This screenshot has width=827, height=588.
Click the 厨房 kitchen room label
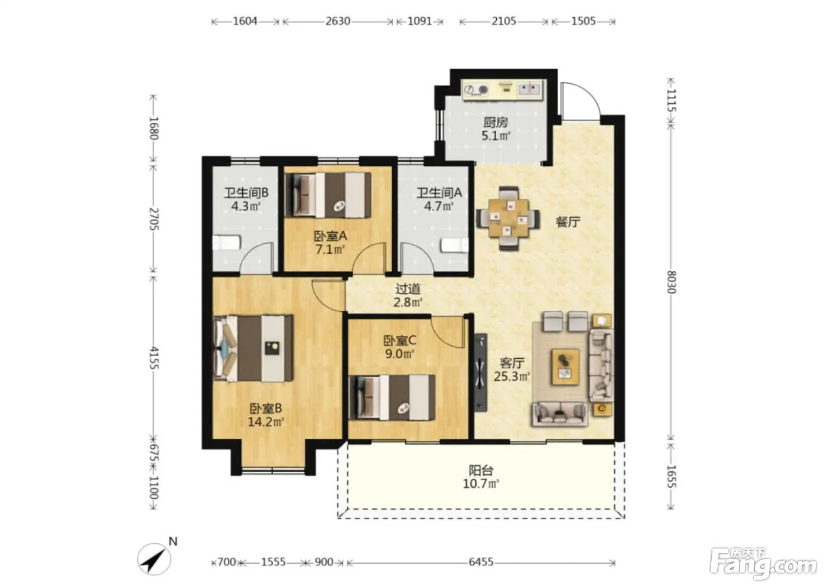[496, 122]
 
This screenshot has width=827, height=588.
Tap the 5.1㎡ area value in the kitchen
[496, 136]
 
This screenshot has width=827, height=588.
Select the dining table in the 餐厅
[509, 218]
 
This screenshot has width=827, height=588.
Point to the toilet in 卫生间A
[455, 246]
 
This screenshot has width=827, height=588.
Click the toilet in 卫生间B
[226, 243]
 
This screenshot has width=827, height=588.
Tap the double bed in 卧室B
[253, 348]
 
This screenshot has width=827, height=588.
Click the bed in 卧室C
[392, 398]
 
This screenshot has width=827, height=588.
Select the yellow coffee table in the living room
[565, 367]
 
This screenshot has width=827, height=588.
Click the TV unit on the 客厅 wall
[480, 373]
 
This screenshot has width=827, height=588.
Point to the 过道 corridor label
[408, 289]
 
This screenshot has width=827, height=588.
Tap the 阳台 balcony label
[481, 471]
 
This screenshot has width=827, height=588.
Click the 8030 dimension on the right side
[671, 282]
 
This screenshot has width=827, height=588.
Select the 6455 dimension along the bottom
[481, 562]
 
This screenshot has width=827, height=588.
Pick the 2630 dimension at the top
[337, 21]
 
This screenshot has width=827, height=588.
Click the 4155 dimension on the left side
[154, 358]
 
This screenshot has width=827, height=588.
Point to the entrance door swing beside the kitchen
[580, 100]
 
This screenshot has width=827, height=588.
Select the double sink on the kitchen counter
[530, 89]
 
